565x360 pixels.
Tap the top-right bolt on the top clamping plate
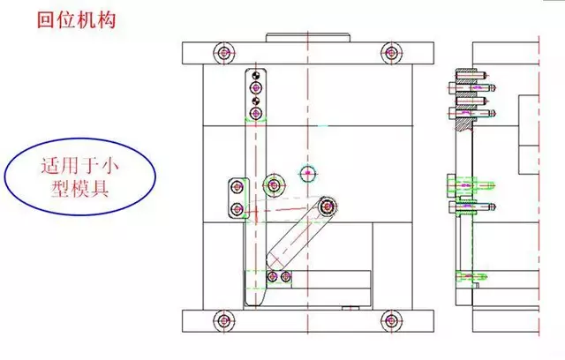(390, 53)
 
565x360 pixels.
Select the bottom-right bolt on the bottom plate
(390, 320)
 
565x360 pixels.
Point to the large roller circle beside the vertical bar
(274, 184)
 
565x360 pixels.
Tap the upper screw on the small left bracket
(237, 185)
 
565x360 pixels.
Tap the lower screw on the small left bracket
(237, 207)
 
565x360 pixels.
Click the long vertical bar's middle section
(255, 176)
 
